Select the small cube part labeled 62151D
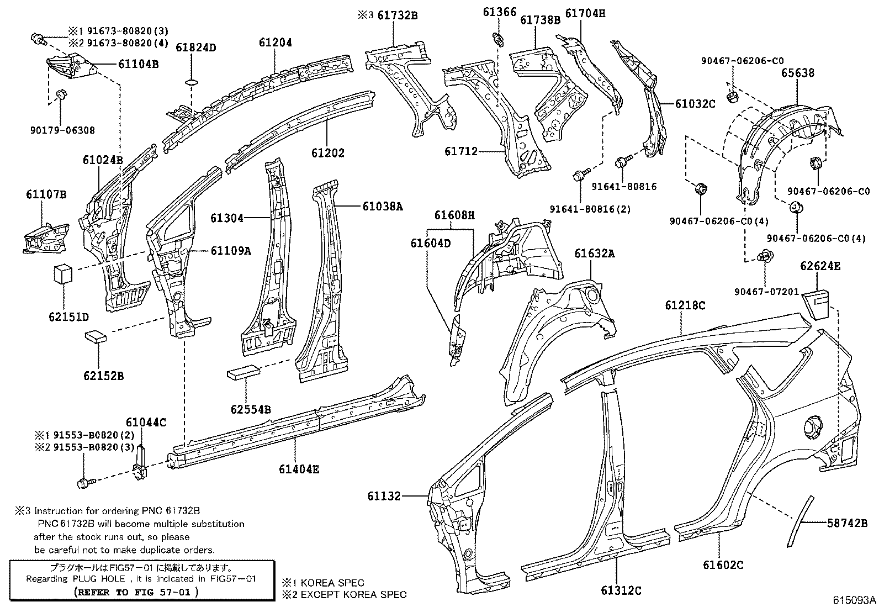pos(63,273)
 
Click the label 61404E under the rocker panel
pos(299,469)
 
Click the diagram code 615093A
pos(854,600)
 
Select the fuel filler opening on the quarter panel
pos(812,428)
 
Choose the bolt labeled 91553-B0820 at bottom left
pos(83,483)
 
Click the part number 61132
pos(384,497)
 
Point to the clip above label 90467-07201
pos(765,255)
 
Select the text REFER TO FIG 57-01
pos(136,591)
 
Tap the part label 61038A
pos(383,207)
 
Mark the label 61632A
pos(594,254)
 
